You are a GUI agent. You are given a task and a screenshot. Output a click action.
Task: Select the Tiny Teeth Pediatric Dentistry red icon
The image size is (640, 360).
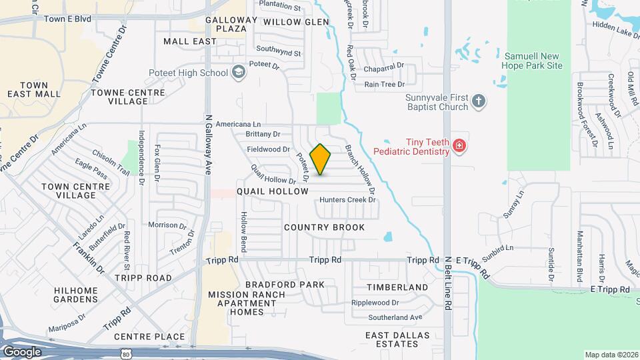458,146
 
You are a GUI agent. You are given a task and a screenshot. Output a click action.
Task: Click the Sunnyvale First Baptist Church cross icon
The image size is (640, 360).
477,102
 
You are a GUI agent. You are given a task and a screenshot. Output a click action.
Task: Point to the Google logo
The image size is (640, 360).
22,351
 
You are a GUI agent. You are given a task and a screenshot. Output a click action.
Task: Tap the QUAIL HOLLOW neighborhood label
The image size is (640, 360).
273,191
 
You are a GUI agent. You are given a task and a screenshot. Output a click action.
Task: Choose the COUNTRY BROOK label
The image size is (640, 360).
324,227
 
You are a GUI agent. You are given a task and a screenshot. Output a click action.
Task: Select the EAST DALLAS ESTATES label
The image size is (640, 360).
392,339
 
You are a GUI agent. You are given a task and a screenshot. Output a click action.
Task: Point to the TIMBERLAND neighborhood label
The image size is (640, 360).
397,287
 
